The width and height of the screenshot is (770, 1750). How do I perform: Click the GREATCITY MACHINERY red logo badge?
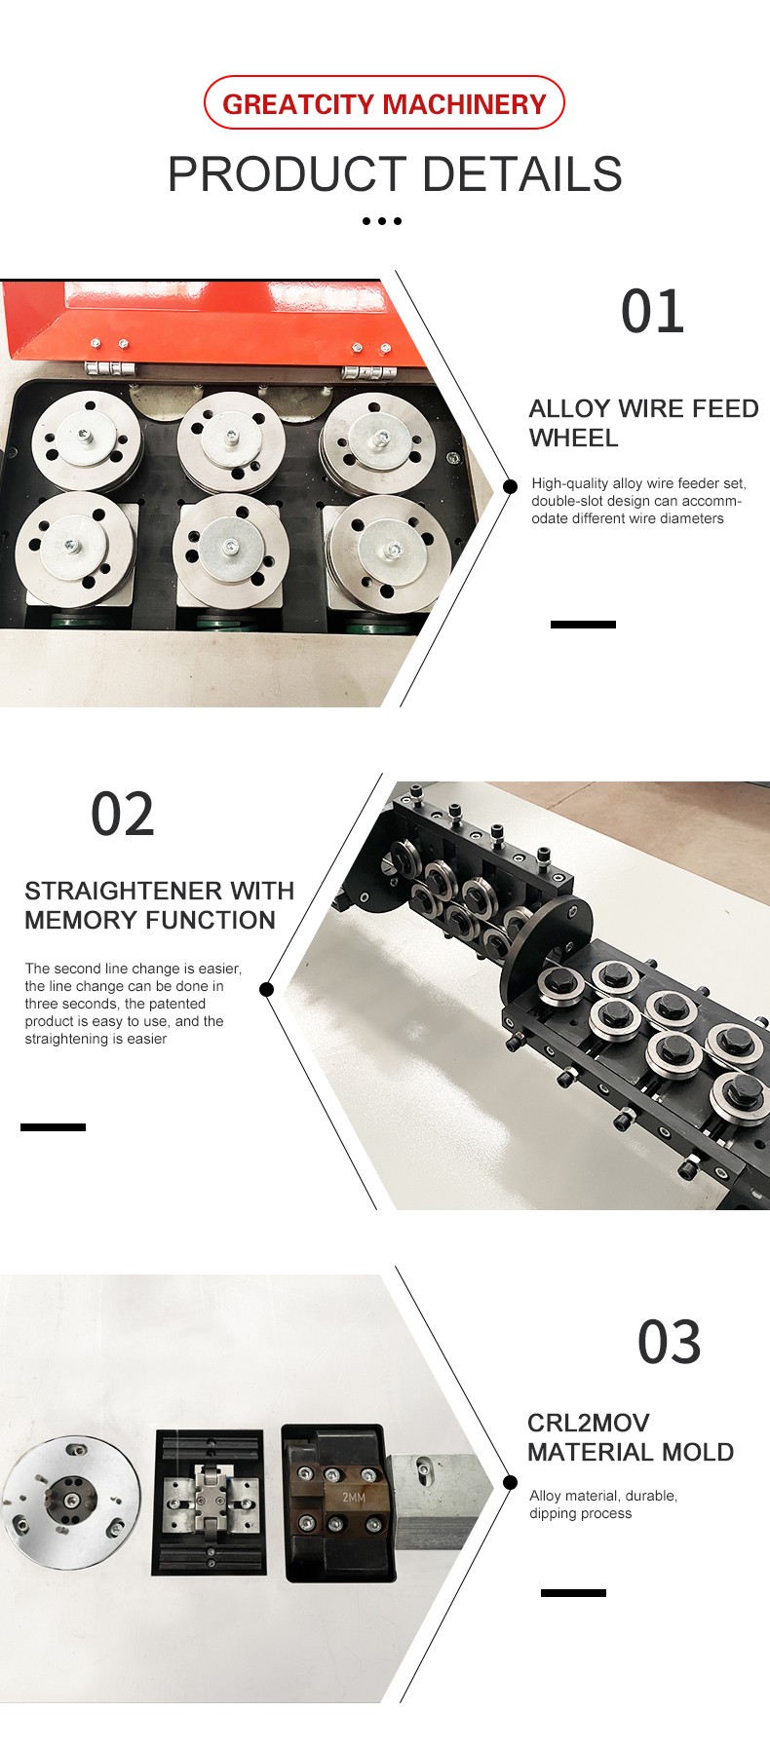pyautogui.click(x=384, y=103)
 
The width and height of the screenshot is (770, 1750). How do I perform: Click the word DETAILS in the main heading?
pyautogui.click(x=522, y=174)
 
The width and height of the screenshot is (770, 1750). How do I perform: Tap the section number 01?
pyautogui.click(x=652, y=313)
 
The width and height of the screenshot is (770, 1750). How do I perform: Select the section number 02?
pyautogui.click(x=123, y=815)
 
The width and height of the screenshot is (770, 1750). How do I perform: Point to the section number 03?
pyautogui.click(x=669, y=1343)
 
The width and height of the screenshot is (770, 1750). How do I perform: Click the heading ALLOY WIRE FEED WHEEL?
pyautogui.click(x=643, y=423)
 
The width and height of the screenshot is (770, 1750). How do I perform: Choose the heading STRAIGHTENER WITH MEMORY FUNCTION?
pyautogui.click(x=159, y=905)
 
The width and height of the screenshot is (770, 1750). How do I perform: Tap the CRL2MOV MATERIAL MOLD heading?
pyautogui.click(x=630, y=1437)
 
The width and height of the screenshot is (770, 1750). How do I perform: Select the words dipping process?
pyautogui.click(x=580, y=1513)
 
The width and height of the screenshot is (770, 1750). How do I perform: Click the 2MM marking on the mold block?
pyautogui.click(x=354, y=1497)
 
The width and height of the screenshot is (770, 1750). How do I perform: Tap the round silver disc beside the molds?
pyautogui.click(x=70, y=1501)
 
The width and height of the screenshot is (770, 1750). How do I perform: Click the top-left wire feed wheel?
pyautogui.click(x=86, y=440)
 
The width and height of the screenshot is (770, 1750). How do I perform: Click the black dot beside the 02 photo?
pyautogui.click(x=266, y=989)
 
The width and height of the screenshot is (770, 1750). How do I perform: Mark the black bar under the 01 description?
pyautogui.click(x=583, y=625)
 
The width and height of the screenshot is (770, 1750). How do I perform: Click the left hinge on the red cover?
pyautogui.click(x=108, y=367)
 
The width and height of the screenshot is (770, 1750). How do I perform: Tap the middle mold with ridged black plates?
pyautogui.click(x=210, y=1502)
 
